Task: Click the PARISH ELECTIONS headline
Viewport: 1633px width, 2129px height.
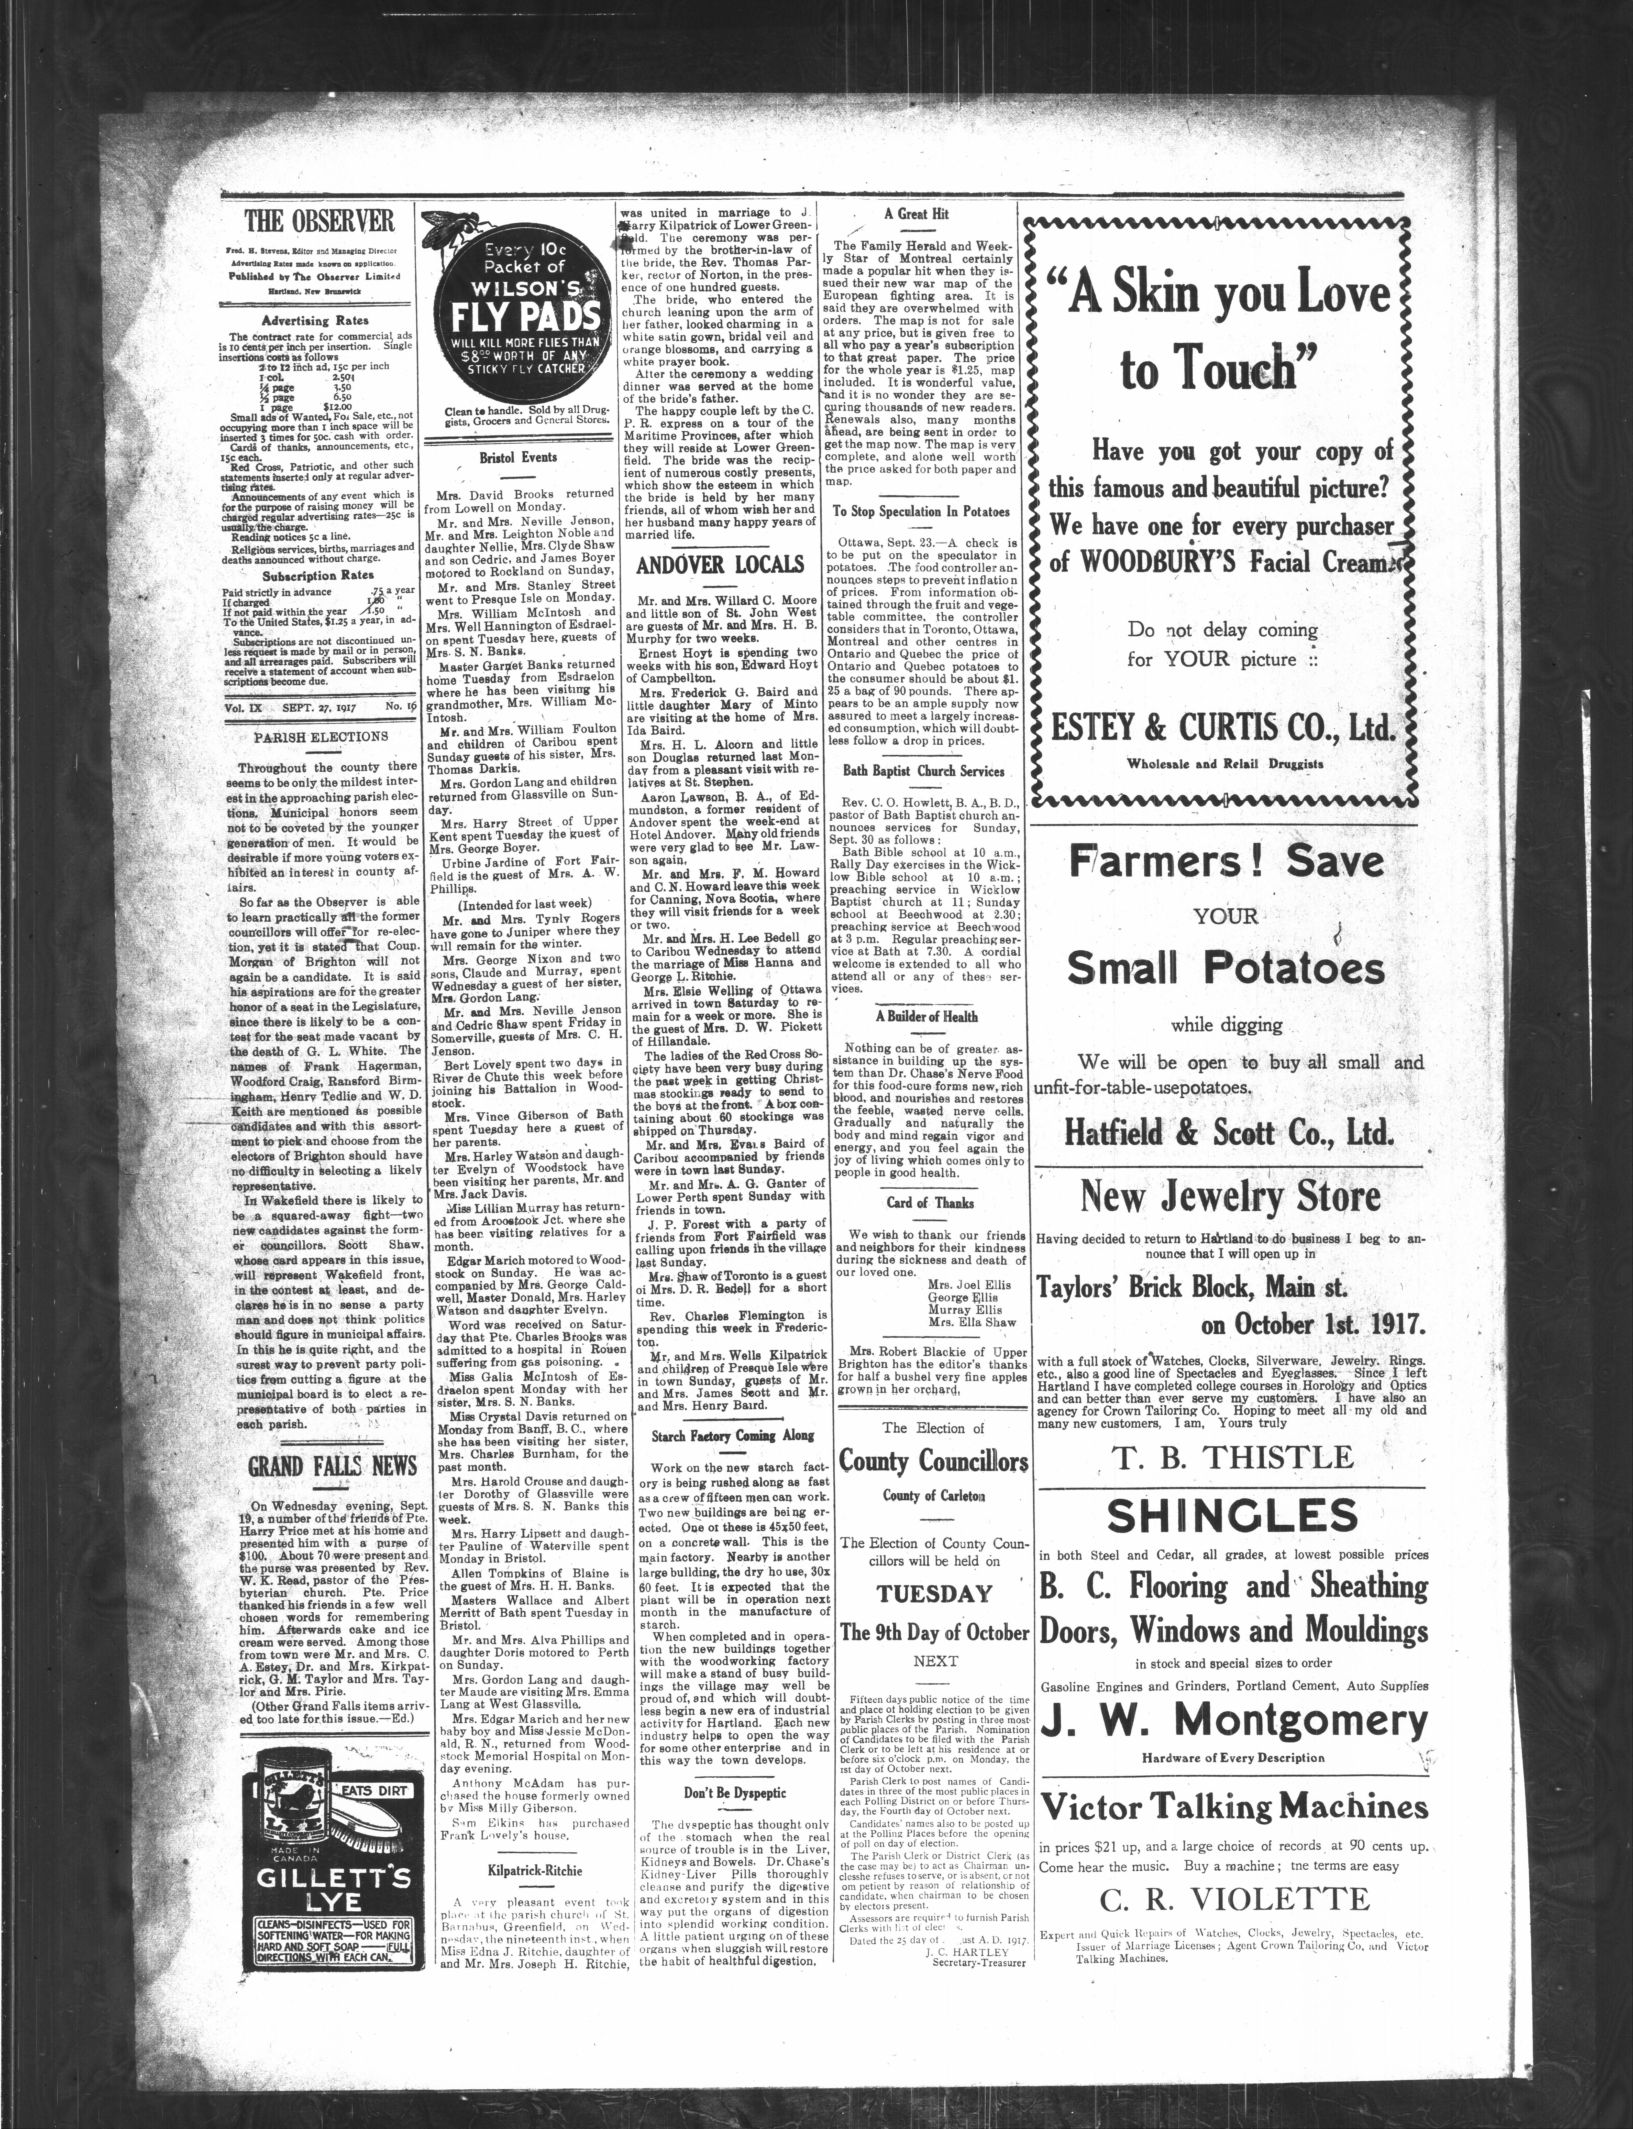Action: (x=320, y=737)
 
